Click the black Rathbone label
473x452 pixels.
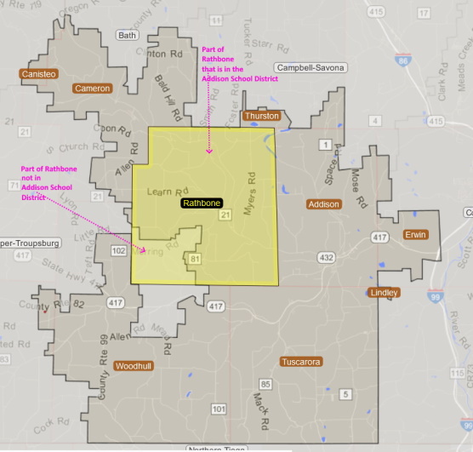tap(201, 204)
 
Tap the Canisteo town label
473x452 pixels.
tap(38, 74)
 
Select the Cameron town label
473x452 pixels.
tap(92, 88)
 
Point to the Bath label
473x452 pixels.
tap(127, 36)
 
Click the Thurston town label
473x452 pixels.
tap(261, 116)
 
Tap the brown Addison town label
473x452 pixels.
tap(323, 204)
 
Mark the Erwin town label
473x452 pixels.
tap(416, 234)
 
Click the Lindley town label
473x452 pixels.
tap(383, 293)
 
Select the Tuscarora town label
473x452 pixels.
tap(300, 362)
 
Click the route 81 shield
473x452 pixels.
tap(196, 259)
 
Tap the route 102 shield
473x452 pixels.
tap(118, 252)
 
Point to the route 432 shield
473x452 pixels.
tap(326, 256)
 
